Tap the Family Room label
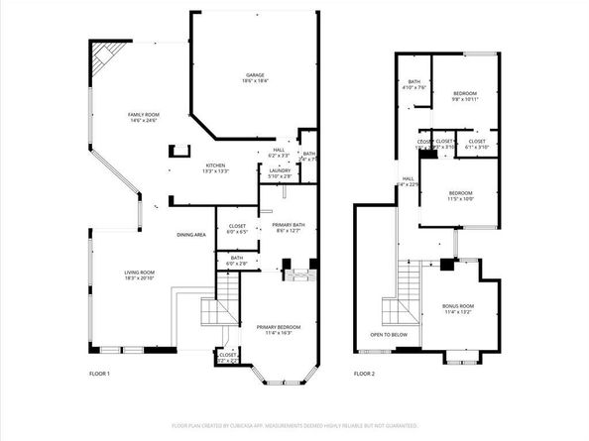pyautogui.click(x=144, y=115)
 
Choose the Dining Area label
pyautogui.click(x=191, y=235)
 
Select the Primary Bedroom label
pyautogui.click(x=279, y=327)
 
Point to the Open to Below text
pyautogui.click(x=390, y=335)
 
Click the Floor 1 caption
pyautogui.click(x=100, y=374)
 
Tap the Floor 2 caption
pyautogui.click(x=365, y=374)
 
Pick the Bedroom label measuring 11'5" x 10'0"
pyautogui.click(x=462, y=192)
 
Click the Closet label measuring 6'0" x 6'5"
pyautogui.click(x=238, y=226)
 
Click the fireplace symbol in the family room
pyautogui.click(x=178, y=152)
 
